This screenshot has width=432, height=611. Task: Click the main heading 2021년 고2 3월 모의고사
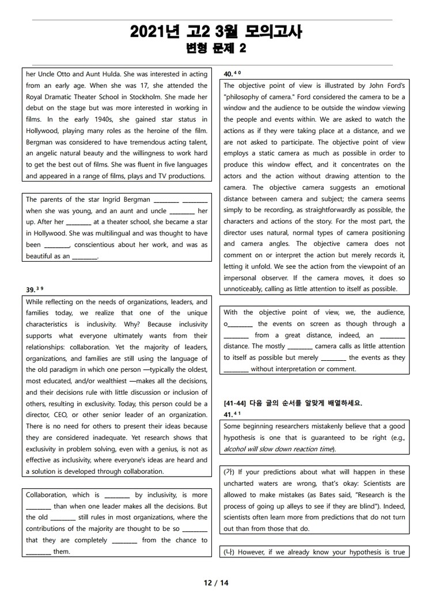coord(215,32)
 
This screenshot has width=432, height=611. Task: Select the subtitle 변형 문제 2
coord(215,50)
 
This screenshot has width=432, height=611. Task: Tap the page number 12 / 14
coord(216,583)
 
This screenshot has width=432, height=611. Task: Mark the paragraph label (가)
coord(229,472)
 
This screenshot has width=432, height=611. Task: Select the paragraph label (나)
coord(229,552)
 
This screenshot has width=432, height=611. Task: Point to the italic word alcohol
coord(236,449)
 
